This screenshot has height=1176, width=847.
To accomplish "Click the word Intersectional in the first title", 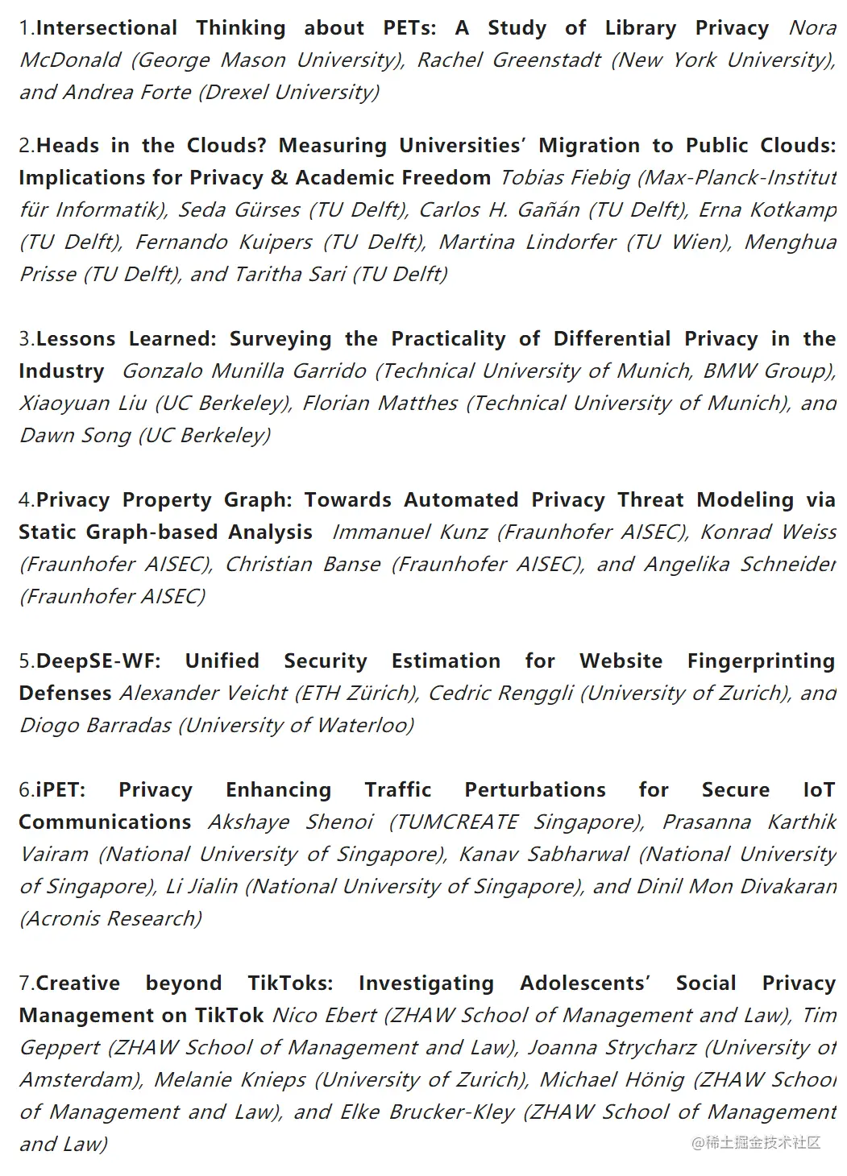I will pos(107,28).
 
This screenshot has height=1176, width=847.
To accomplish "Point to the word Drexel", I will pos(236,93).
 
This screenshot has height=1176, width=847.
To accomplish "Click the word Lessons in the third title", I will pos(76,339).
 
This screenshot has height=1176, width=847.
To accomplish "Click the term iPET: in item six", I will pos(60,790).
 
